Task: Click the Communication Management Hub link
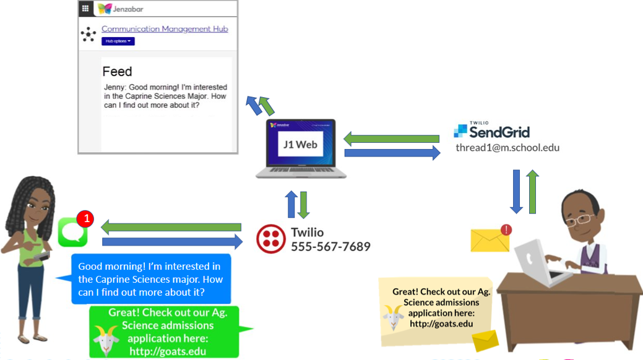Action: (x=165, y=29)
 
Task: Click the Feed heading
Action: (x=117, y=72)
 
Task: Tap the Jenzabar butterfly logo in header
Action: (x=105, y=9)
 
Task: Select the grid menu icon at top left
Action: (x=85, y=9)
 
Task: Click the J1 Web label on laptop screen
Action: (x=300, y=144)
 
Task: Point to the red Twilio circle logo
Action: (x=271, y=239)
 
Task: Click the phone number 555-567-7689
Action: (x=330, y=247)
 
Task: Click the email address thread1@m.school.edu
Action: (x=507, y=148)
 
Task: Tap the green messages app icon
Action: (x=72, y=233)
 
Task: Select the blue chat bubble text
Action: (x=150, y=279)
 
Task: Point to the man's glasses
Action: (x=581, y=219)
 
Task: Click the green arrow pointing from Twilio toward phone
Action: (x=171, y=227)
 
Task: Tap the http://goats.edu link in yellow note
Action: (x=441, y=324)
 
